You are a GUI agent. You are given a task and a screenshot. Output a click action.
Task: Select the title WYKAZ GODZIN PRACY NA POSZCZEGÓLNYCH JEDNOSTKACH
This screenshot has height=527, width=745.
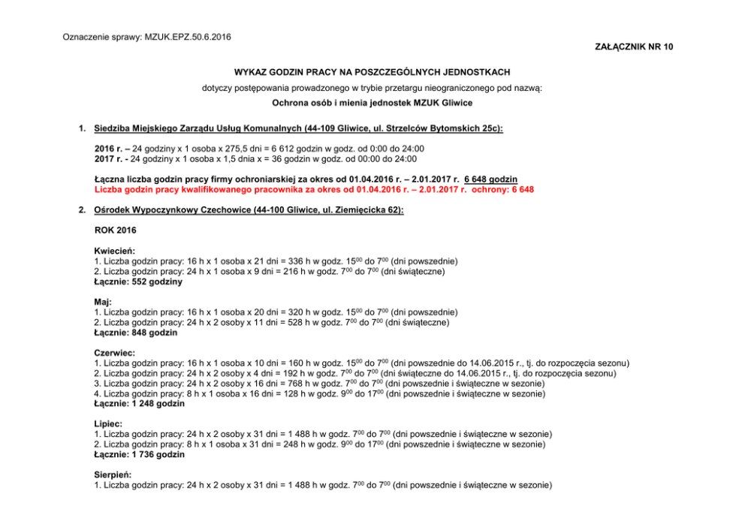tap(372, 72)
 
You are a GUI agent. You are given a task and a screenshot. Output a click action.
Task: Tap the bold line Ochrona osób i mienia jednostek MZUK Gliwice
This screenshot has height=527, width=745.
tap(372, 102)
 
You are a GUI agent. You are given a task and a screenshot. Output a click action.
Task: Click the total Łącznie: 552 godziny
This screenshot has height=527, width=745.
tap(138, 282)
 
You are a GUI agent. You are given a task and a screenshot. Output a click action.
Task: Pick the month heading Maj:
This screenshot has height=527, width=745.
tap(103, 301)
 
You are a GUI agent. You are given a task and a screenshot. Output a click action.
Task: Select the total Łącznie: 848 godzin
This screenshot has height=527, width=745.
tap(135, 332)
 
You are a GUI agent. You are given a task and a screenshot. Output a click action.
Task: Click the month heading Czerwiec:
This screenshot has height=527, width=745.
tap(115, 352)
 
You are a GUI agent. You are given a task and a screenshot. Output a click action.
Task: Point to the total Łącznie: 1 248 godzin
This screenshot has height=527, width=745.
tap(139, 403)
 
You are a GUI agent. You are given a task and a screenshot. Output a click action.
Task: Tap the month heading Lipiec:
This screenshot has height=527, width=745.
tap(108, 423)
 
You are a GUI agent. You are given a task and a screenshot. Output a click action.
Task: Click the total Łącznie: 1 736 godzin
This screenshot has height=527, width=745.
tap(139, 454)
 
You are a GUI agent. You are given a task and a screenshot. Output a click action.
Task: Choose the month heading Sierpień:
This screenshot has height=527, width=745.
tap(113, 474)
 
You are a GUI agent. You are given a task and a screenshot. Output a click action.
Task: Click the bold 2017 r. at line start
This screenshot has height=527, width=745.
tap(109, 158)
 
